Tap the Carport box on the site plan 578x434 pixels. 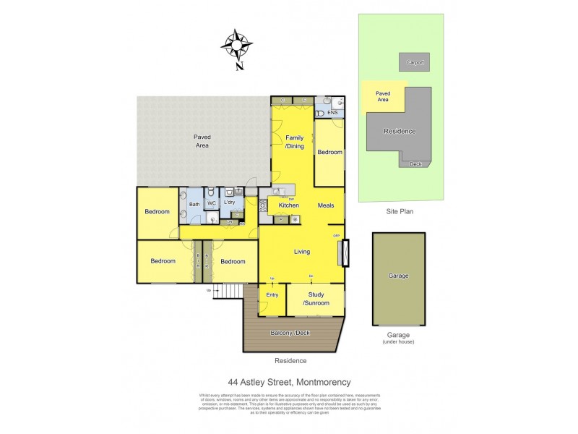click(x=415, y=62)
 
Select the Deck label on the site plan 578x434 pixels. click(x=415, y=163)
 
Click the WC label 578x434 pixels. click(x=212, y=204)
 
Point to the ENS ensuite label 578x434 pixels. click(x=332, y=114)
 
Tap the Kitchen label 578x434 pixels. click(x=289, y=205)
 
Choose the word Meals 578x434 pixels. click(x=325, y=205)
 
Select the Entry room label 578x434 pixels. click(x=272, y=294)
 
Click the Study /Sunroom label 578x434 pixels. click(x=316, y=298)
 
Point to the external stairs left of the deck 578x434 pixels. click(x=231, y=292)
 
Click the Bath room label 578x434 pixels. click(x=194, y=205)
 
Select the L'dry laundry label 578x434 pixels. click(x=230, y=202)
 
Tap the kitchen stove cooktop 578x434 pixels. click(x=264, y=205)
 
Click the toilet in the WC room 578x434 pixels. click(x=210, y=193)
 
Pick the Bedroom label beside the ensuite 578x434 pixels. click(x=329, y=152)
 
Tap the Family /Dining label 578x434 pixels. click(x=294, y=142)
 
